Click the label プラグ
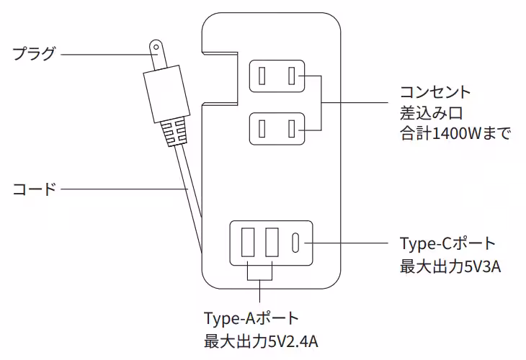click(x=34, y=54)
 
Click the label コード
click(x=34, y=189)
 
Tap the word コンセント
click(x=435, y=93)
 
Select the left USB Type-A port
click(x=249, y=243)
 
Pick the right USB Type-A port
click(x=272, y=243)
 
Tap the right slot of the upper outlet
click(x=292, y=76)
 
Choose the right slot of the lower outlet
click(x=292, y=130)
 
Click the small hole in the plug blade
click(x=154, y=49)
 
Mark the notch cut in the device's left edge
click(x=220, y=77)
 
